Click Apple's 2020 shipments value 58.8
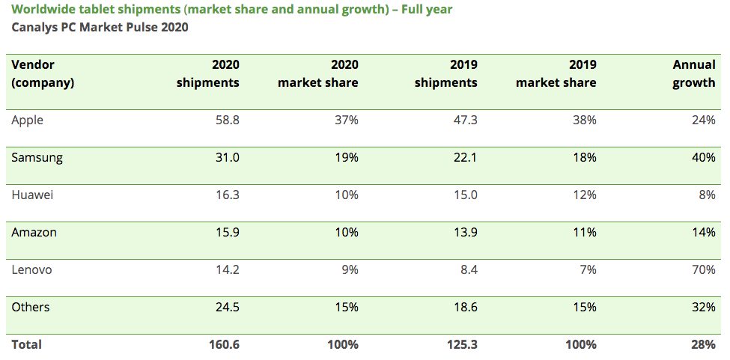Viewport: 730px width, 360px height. pyautogui.click(x=225, y=120)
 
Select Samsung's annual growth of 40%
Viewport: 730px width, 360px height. pyautogui.click(x=704, y=158)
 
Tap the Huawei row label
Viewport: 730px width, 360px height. pyautogui.click(x=33, y=195)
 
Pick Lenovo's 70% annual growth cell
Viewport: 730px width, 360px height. pyautogui.click(x=704, y=270)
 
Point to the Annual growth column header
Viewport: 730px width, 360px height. pyautogui.click(x=693, y=74)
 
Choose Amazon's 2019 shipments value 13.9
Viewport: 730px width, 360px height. pyautogui.click(x=463, y=233)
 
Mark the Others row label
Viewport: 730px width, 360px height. pyautogui.click(x=31, y=308)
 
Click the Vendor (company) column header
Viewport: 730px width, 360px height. pyautogui.click(x=43, y=74)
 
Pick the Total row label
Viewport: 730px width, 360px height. pyautogui.click(x=27, y=345)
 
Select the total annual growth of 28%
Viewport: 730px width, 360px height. pyautogui.click(x=704, y=345)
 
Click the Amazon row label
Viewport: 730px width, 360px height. pyautogui.click(x=34, y=233)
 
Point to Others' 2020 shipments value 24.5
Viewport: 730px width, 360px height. pyautogui.click(x=225, y=308)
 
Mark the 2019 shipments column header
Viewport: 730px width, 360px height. pyautogui.click(x=446, y=74)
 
